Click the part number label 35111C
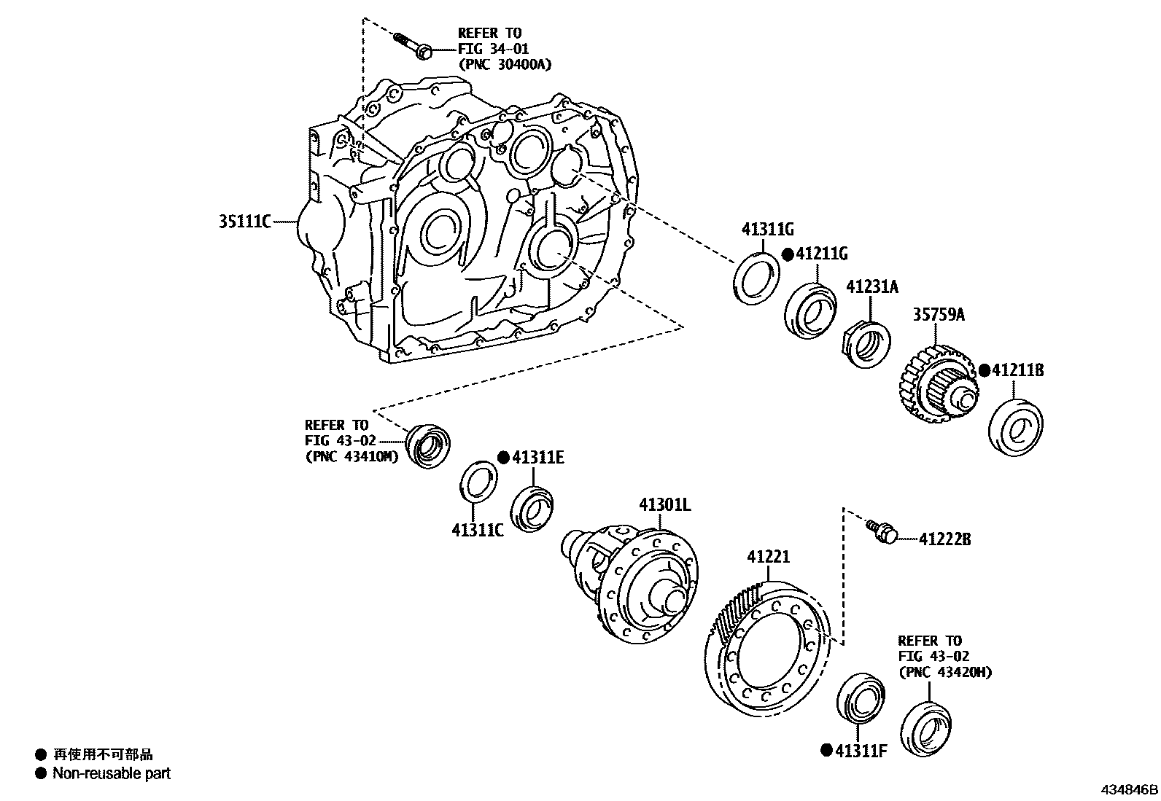(244, 221)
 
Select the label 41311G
(767, 230)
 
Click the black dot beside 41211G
(788, 254)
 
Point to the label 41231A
(872, 287)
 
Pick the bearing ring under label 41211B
(1015, 427)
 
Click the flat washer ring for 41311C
(478, 481)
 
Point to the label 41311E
(537, 458)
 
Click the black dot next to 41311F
(826, 750)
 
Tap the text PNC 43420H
(945, 673)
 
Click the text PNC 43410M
(352, 457)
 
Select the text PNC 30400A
(505, 64)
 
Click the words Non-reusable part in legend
(111, 773)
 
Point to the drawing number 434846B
(1129, 789)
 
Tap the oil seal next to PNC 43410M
(428, 443)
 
